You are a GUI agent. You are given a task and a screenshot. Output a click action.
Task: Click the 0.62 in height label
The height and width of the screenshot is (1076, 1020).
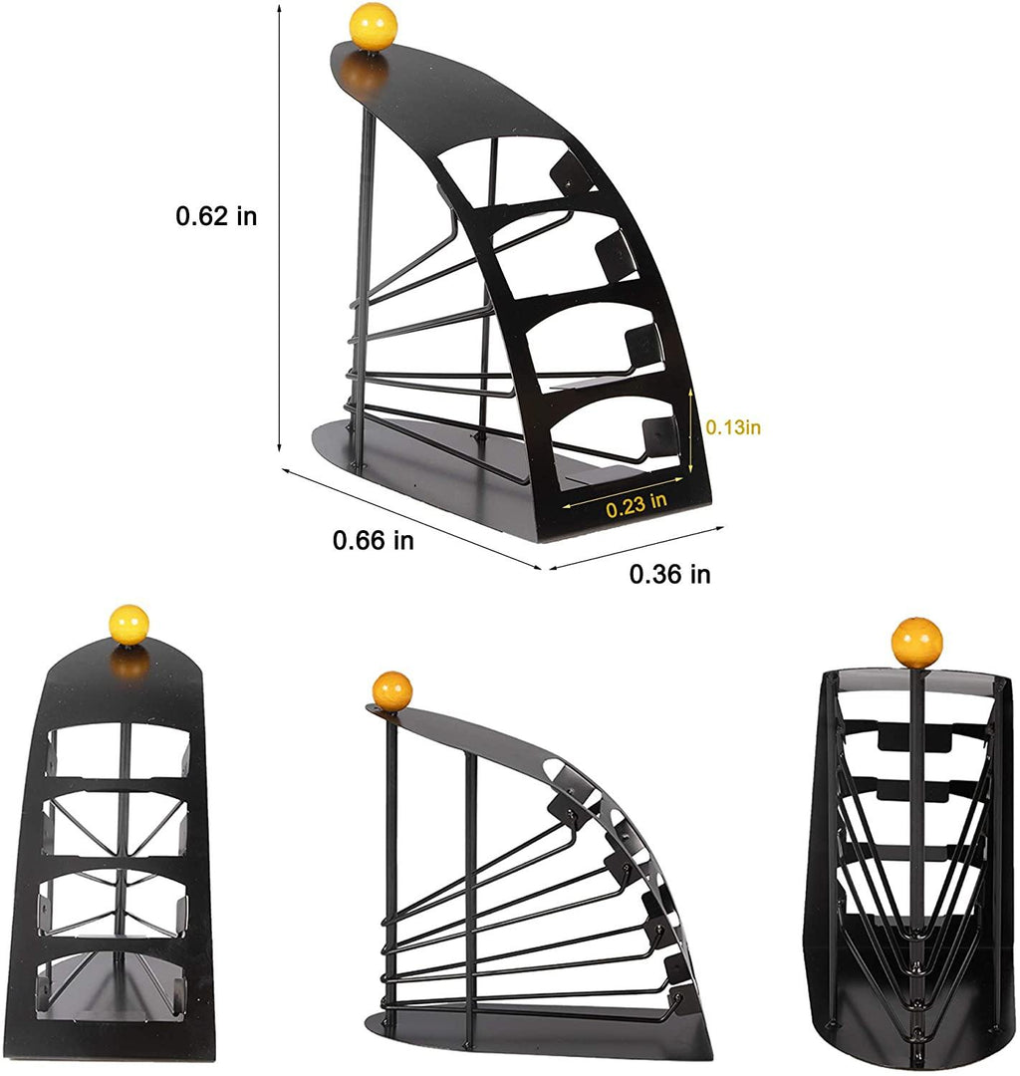[216, 216]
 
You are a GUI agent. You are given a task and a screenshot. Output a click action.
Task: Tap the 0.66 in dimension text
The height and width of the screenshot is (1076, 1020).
[374, 541]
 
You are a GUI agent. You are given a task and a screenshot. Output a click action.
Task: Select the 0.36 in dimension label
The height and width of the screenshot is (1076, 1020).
[669, 574]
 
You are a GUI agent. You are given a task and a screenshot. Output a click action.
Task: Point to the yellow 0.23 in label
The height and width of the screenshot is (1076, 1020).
[637, 505]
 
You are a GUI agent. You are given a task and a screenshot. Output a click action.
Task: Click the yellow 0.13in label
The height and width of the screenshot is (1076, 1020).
[733, 426]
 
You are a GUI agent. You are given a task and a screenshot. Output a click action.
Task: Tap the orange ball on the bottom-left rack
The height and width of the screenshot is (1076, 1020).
[128, 625]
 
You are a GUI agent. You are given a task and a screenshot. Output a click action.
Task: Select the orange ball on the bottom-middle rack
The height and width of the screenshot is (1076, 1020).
[392, 690]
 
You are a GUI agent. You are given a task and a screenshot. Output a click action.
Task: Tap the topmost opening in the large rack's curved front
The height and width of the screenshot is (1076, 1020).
[510, 170]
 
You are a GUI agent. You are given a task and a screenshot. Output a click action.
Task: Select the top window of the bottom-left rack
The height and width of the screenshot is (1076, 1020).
[119, 751]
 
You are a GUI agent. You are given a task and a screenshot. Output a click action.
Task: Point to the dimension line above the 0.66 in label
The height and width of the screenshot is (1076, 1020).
[410, 518]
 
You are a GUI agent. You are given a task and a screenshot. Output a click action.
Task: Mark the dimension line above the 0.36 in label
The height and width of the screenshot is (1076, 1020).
[635, 548]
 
